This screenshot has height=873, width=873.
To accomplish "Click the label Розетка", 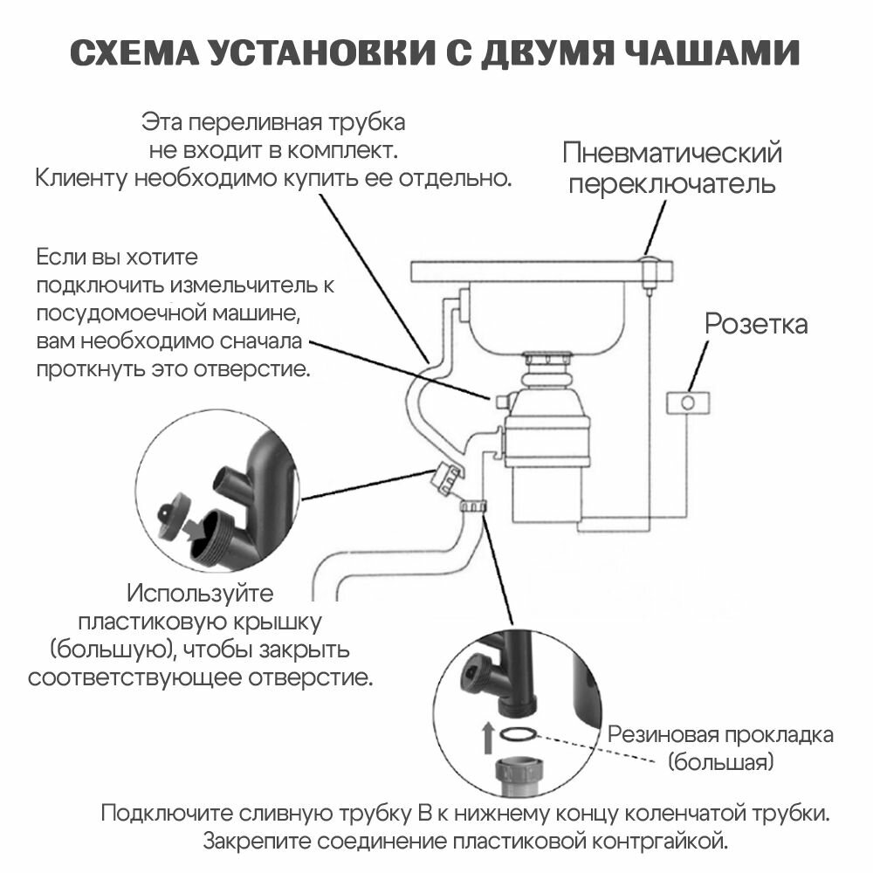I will (x=756, y=325).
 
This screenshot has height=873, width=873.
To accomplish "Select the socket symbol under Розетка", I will (x=688, y=402).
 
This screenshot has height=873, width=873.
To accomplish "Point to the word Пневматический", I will (x=671, y=154).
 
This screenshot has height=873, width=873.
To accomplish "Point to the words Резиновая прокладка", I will (x=720, y=734).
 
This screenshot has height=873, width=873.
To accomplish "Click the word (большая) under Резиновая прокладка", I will (x=721, y=762).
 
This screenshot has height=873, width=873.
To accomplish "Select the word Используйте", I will (x=201, y=594).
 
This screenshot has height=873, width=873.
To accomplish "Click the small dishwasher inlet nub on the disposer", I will (x=500, y=400).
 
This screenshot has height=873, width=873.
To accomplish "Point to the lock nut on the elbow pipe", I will (x=472, y=506).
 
